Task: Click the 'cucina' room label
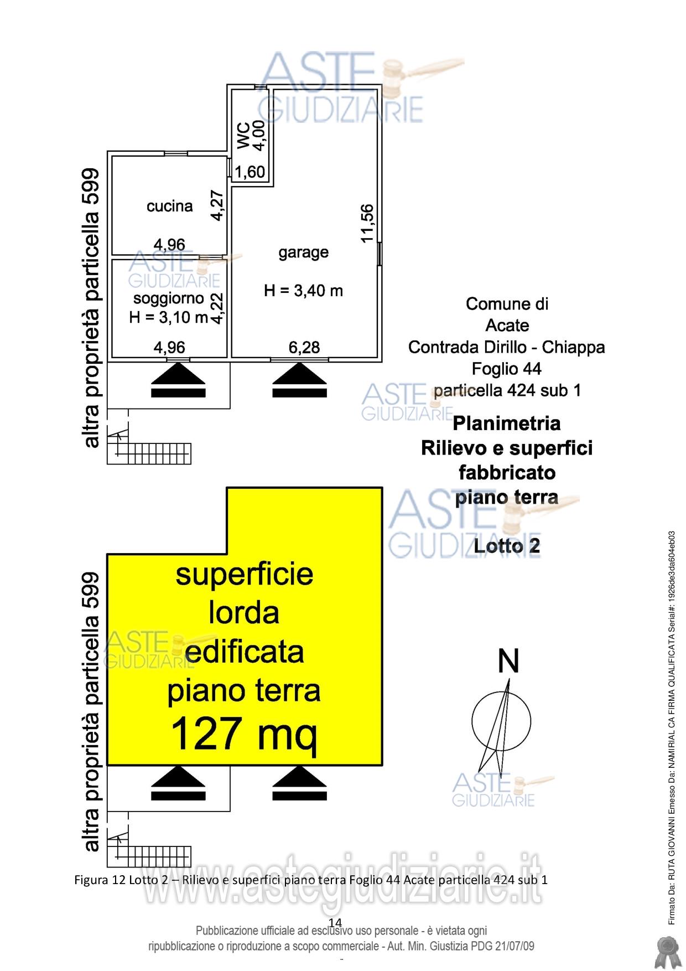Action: click(x=169, y=206)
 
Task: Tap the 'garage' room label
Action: click(x=303, y=252)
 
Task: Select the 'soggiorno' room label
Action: click(x=169, y=299)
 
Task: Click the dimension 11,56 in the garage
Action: click(x=367, y=223)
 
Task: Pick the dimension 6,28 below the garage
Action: click(x=304, y=347)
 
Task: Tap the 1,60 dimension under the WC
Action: click(x=250, y=173)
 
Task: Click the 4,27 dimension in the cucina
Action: click(x=217, y=205)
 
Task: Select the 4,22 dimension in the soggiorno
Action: click(x=218, y=308)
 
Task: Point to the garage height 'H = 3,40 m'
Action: click(x=303, y=291)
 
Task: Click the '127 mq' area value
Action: click(x=244, y=732)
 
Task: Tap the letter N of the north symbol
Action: click(x=508, y=662)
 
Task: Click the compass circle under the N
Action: click(x=502, y=721)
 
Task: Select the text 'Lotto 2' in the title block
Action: click(x=507, y=546)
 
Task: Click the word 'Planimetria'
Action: click(x=506, y=423)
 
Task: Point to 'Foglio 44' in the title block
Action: click(x=506, y=369)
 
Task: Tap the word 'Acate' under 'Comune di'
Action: click(x=507, y=325)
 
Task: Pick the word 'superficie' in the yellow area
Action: click(x=244, y=574)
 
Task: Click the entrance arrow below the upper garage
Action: click(x=300, y=380)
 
